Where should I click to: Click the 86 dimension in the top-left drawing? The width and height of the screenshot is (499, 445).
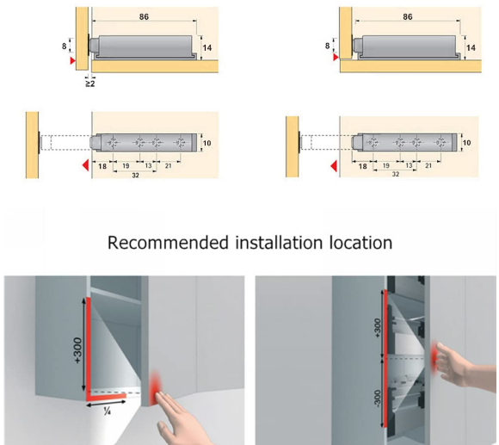(x=144, y=16)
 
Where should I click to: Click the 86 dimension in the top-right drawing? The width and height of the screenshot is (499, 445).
(x=407, y=16)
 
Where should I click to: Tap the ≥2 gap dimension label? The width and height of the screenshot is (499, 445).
(x=90, y=83)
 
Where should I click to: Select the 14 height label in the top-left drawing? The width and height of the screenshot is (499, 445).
(x=206, y=47)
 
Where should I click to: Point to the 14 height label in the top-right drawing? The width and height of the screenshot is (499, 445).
(x=471, y=47)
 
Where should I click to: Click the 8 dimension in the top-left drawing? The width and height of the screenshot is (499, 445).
(x=65, y=46)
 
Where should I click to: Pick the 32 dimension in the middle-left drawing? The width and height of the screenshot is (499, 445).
(x=135, y=176)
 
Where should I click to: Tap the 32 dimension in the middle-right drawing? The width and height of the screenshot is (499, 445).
(x=395, y=174)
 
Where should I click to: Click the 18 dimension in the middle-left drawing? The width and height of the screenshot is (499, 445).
(x=102, y=166)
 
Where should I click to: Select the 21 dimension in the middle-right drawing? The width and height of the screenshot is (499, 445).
(x=428, y=165)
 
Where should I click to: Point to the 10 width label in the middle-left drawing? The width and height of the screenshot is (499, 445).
(x=206, y=143)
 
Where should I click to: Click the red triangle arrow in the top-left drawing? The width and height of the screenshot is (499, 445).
(x=73, y=60)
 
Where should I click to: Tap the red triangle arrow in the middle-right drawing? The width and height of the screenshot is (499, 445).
(x=334, y=166)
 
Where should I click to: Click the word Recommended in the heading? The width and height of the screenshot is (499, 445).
(x=168, y=243)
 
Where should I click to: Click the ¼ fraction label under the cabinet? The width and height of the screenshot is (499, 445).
(x=107, y=411)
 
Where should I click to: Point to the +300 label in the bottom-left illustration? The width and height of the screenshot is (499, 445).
(x=78, y=350)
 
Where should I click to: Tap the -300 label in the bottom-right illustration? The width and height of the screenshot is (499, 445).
(x=378, y=399)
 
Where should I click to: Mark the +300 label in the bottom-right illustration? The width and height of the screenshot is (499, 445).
(x=378, y=328)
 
